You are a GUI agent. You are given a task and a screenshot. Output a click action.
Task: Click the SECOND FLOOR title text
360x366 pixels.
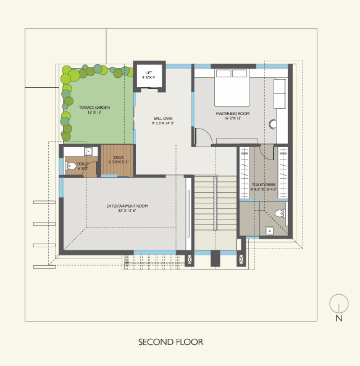click(170, 342)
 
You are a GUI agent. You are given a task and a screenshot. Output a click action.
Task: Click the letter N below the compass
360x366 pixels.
click(338, 319)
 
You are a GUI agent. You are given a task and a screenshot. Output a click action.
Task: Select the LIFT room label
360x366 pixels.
click(148, 72)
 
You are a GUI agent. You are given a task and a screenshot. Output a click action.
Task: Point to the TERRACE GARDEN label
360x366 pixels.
click(94, 108)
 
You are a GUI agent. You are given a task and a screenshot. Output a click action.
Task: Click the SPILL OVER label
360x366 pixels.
click(163, 117)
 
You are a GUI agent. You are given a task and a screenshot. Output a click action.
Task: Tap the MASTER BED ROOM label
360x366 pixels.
click(232, 114)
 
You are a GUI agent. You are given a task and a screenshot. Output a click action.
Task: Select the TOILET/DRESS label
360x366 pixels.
click(263, 185)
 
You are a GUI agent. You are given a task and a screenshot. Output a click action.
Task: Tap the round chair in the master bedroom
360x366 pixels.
click(273, 123)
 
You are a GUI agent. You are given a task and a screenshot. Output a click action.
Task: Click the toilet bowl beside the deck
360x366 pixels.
click(72, 166)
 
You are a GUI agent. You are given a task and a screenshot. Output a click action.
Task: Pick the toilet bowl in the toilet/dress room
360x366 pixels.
click(280, 214)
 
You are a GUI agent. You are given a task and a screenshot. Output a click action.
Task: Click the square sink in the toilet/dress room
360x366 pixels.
click(269, 231)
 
